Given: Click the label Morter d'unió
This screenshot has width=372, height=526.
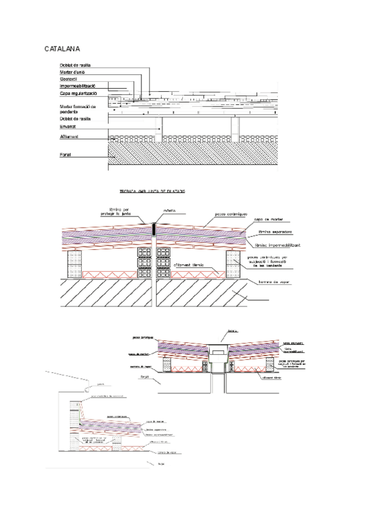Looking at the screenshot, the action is [74, 72].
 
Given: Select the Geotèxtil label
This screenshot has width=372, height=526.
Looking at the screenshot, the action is [71, 79].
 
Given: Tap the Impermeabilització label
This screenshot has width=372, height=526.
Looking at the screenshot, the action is [77, 86].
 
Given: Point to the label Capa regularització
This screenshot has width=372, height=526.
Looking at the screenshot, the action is [78, 93].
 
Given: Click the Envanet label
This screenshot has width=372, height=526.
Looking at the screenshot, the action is [68, 126].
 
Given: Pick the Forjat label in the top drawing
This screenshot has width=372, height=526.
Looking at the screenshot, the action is [66, 154].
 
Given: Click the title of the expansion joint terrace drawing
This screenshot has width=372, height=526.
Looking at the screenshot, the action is [152, 191].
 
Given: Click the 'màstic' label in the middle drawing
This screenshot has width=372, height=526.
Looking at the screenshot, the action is [170, 211].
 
